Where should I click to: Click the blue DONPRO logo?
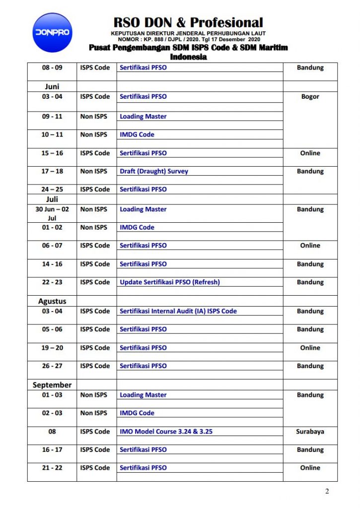(x=52, y=33)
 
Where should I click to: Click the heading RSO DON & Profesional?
(x=188, y=22)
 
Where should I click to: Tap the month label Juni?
(x=52, y=86)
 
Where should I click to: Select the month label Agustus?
(x=52, y=301)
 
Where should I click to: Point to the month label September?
(x=52, y=385)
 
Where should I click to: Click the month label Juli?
(x=52, y=199)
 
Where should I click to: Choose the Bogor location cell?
(x=310, y=97)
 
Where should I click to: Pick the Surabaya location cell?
(x=310, y=432)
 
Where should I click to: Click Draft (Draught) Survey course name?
(x=154, y=171)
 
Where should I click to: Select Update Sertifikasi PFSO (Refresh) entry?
(x=169, y=282)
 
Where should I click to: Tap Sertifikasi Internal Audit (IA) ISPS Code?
(x=178, y=311)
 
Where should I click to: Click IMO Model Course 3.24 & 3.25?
(x=166, y=432)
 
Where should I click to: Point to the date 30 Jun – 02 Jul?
(x=52, y=213)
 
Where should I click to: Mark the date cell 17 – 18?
(x=52, y=171)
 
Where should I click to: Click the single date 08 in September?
(x=52, y=432)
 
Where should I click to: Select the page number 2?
(x=327, y=492)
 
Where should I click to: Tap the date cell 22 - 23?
(x=52, y=282)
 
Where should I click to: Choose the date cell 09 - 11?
(x=52, y=117)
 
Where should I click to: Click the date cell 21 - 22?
(x=52, y=468)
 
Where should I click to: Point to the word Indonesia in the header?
(x=188, y=57)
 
